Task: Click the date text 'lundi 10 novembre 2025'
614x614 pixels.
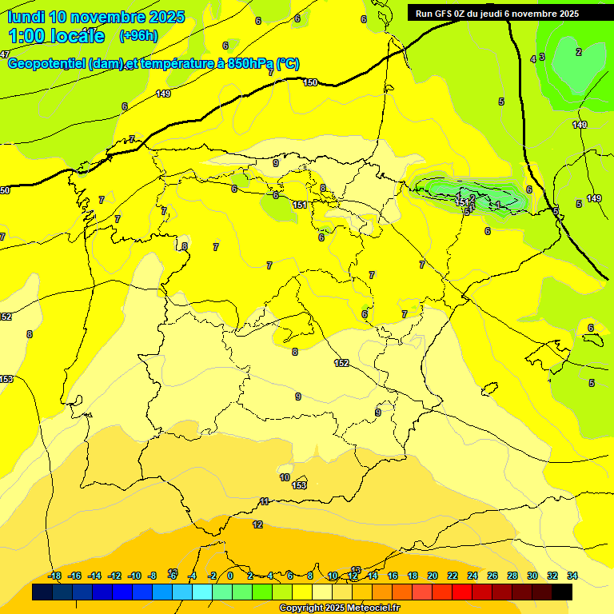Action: [96, 17]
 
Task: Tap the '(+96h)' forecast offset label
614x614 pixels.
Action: [138, 36]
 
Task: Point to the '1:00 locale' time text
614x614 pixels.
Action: [56, 36]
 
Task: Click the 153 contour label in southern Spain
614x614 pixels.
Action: [299, 485]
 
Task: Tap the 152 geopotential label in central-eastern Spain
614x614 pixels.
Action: [341, 363]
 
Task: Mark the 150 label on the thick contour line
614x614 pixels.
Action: [310, 82]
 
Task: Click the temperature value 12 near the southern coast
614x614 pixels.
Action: [257, 524]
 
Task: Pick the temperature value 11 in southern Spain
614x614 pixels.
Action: [264, 501]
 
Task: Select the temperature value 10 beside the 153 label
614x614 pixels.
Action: [285, 477]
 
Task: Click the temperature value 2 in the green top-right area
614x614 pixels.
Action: [579, 52]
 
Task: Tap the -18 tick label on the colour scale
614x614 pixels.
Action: [54, 576]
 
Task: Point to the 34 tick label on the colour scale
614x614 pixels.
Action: [572, 576]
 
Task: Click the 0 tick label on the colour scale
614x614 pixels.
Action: [230, 576]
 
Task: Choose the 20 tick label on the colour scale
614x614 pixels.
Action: [432, 576]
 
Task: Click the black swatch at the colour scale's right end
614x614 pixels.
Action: [562, 592]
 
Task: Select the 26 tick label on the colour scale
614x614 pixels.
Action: [492, 576]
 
